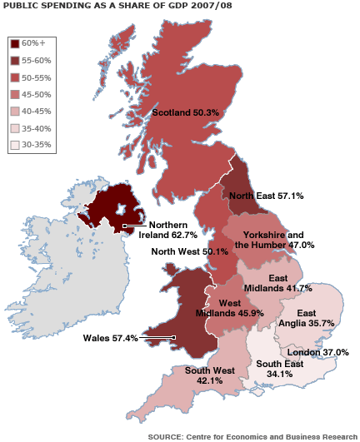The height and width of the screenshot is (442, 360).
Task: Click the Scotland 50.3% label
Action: (x=185, y=112)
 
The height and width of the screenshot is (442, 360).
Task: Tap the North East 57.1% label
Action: (x=266, y=196)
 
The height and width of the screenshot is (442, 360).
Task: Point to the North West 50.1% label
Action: (x=187, y=251)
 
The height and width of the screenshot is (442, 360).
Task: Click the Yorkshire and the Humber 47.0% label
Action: (x=274, y=240)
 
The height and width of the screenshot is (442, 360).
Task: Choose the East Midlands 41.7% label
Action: (x=289, y=283)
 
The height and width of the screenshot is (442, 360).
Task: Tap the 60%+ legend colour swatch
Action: (x=15, y=43)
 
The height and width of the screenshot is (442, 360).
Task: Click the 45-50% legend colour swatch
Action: (x=15, y=94)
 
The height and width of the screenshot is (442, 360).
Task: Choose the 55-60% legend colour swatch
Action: (x=15, y=60)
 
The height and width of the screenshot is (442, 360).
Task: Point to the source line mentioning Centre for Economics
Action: (x=252, y=435)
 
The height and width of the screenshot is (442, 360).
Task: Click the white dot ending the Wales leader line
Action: (x=173, y=337)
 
